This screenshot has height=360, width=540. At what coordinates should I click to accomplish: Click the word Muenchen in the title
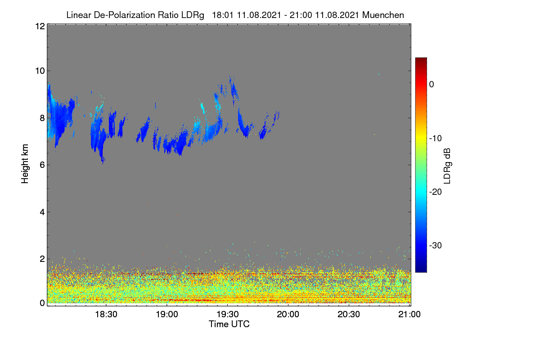[x=383, y=15]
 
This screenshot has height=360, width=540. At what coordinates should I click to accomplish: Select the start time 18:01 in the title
[x=223, y=15]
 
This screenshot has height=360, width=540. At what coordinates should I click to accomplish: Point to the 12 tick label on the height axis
[x=40, y=26]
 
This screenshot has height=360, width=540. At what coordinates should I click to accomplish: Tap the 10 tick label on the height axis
[x=40, y=71]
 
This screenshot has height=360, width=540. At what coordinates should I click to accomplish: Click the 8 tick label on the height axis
[x=42, y=118]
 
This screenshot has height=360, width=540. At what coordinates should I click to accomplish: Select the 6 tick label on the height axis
[x=42, y=165]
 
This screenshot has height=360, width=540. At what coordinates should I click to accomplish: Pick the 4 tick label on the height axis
[x=42, y=212]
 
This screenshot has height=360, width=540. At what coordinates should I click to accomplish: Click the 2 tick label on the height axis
[x=42, y=259]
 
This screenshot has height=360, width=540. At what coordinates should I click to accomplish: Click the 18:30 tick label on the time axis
[x=106, y=315]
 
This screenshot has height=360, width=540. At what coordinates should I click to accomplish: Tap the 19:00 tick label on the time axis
[x=167, y=315]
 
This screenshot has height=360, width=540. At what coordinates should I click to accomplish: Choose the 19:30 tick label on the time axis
[x=228, y=315]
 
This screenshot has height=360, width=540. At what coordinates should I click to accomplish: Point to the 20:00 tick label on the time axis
[x=288, y=315]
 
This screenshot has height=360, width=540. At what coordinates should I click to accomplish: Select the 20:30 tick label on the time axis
[x=349, y=315]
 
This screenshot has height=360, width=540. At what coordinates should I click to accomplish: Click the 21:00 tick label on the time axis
[x=409, y=315]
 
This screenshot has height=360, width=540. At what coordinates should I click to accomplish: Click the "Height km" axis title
[x=25, y=164]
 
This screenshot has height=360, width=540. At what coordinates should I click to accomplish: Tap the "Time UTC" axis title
[x=229, y=324]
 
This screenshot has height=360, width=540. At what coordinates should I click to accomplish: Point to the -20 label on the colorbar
[x=436, y=192]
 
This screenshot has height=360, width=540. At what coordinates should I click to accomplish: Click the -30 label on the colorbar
[x=436, y=245]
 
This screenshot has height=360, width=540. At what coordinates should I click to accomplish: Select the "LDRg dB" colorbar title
[x=447, y=166]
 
